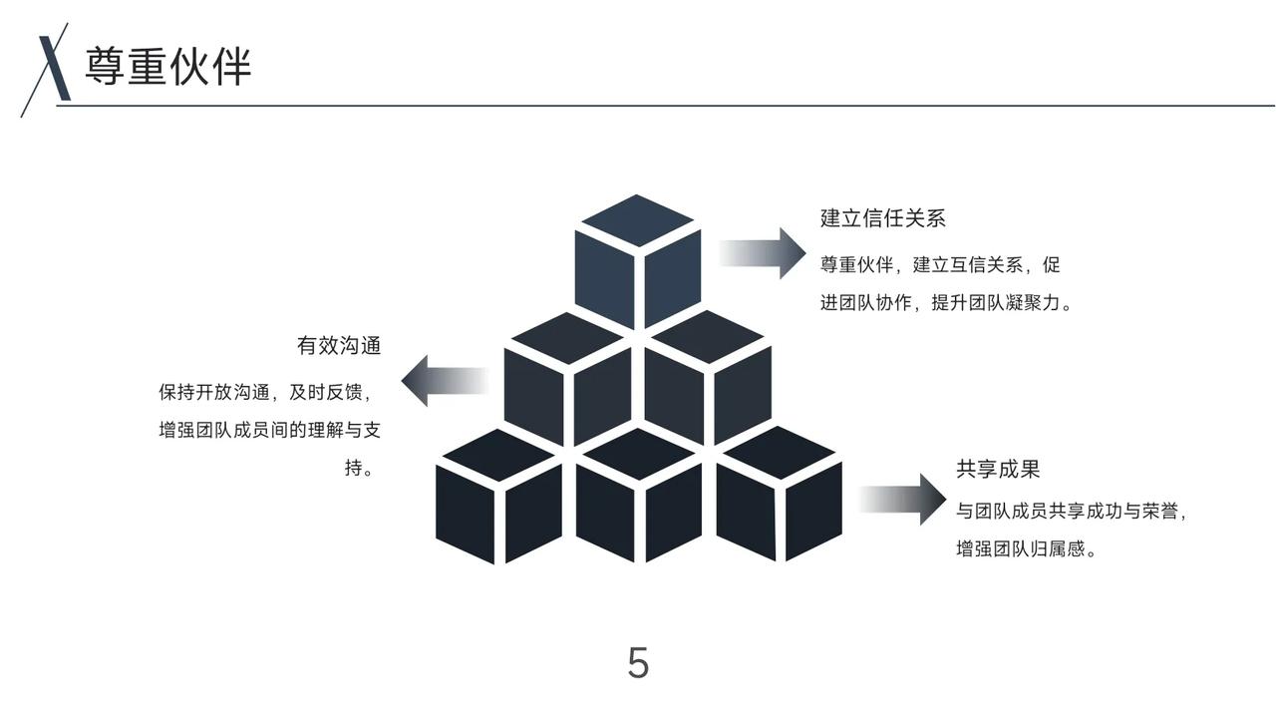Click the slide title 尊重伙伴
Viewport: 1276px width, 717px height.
pyautogui.click(x=167, y=66)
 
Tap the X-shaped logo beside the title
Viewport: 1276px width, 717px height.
pyautogui.click(x=50, y=68)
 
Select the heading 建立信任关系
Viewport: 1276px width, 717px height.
pyautogui.click(x=882, y=218)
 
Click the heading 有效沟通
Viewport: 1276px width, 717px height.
pyautogui.click(x=339, y=346)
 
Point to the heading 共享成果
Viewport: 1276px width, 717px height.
pyautogui.click(x=998, y=470)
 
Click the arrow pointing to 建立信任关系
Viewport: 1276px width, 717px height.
pyautogui.click(x=763, y=253)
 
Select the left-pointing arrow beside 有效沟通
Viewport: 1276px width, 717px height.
pyautogui.click(x=444, y=381)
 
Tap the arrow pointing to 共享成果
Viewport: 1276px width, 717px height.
pyautogui.click(x=903, y=499)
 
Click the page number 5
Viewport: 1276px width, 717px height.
pyautogui.click(x=638, y=663)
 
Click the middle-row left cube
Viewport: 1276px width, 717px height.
pyautogui.click(x=567, y=379)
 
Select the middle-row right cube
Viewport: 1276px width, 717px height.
pyautogui.click(x=708, y=377)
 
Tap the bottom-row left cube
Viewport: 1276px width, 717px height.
pyautogui.click(x=498, y=497)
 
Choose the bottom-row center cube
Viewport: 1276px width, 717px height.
pyautogui.click(x=638, y=497)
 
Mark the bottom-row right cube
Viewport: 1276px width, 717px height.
pyautogui.click(x=779, y=495)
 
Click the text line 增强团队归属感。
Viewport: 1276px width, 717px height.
pyautogui.click(x=1027, y=548)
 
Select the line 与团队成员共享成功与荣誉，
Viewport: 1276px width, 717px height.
pyautogui.click(x=1073, y=512)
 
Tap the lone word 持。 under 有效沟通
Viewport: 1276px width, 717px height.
pyautogui.click(x=360, y=468)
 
